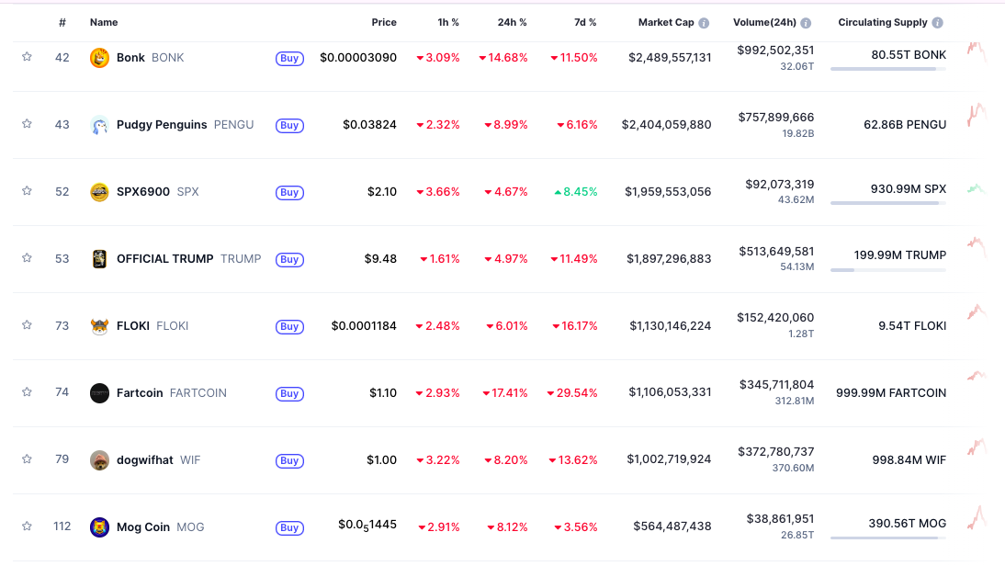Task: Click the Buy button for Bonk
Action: (x=289, y=58)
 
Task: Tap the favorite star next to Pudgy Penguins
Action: (x=27, y=124)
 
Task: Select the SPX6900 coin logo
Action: (x=99, y=192)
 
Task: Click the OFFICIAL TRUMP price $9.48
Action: (x=380, y=258)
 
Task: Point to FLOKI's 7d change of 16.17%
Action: (x=575, y=325)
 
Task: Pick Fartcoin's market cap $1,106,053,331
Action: (x=670, y=392)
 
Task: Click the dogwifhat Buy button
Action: (x=289, y=460)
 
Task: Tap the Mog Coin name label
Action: (x=143, y=526)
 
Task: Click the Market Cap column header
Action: (x=666, y=22)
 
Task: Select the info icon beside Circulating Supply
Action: (x=937, y=22)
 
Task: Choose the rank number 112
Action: (x=62, y=526)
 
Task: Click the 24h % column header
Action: (x=513, y=22)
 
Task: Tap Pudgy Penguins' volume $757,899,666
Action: (x=775, y=117)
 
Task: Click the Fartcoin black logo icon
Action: (x=99, y=393)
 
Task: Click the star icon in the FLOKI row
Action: (x=27, y=325)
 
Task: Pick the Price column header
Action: (x=384, y=22)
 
